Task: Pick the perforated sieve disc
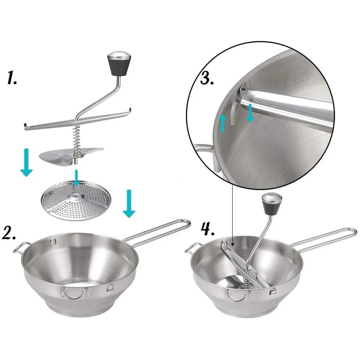pyautogui.click(x=76, y=202)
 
